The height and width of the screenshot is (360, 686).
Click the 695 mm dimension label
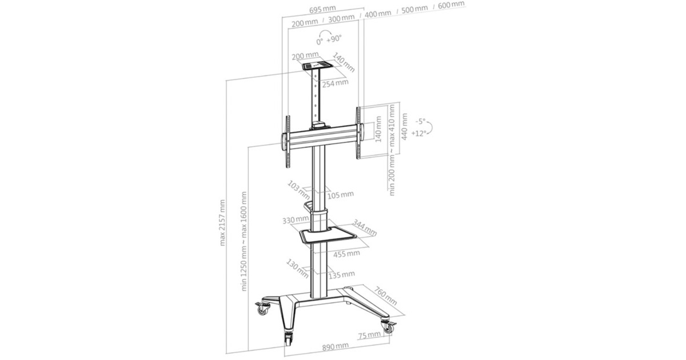[322, 9]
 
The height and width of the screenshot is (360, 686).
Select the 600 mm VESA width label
[451, 5]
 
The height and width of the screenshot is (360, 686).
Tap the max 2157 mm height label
[222, 222]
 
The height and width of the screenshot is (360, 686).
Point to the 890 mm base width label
[336, 347]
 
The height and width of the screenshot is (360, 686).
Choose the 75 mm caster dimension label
[369, 335]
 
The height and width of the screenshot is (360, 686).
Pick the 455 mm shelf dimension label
[346, 254]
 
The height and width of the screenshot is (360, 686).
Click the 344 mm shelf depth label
[365, 227]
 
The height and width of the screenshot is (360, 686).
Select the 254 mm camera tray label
[336, 83]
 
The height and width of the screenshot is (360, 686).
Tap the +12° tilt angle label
[418, 134]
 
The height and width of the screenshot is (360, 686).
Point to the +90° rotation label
[334, 39]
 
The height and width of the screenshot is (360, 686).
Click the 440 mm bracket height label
[405, 127]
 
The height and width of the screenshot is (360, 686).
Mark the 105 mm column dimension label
[341, 195]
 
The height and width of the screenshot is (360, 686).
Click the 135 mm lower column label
[342, 275]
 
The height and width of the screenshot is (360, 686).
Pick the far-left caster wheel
[262, 309]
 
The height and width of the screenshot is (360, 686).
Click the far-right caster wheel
[388, 326]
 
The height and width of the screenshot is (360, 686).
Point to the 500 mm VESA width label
[414, 9]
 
